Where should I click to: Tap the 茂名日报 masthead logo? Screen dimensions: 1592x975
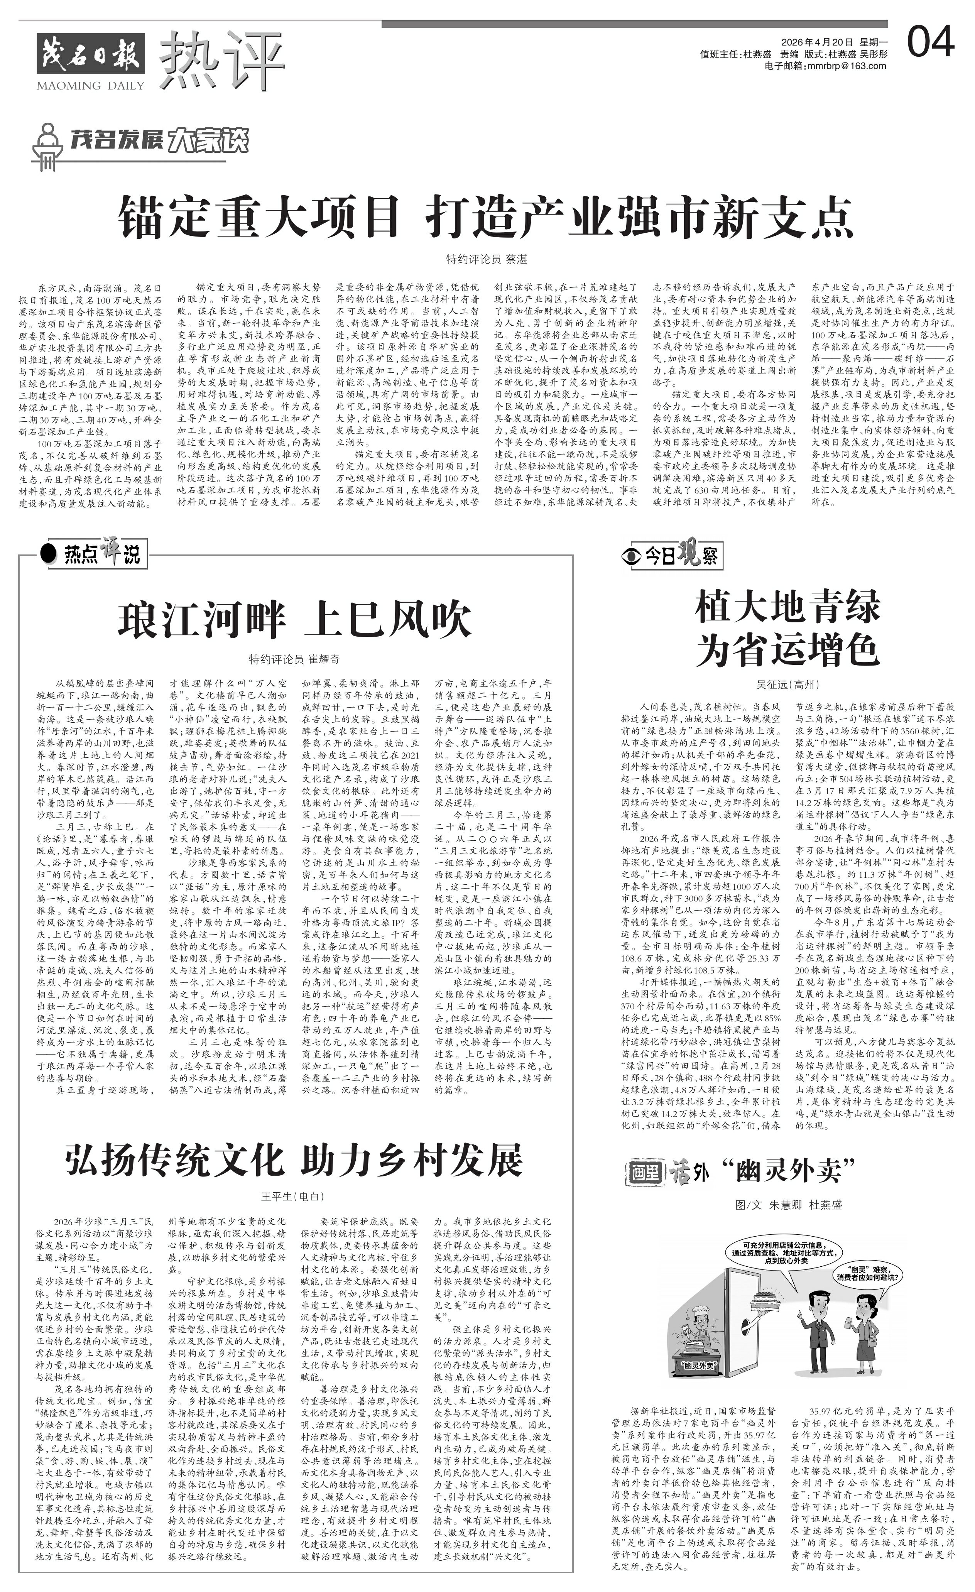(90, 52)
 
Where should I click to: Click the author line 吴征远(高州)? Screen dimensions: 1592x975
(787, 684)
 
